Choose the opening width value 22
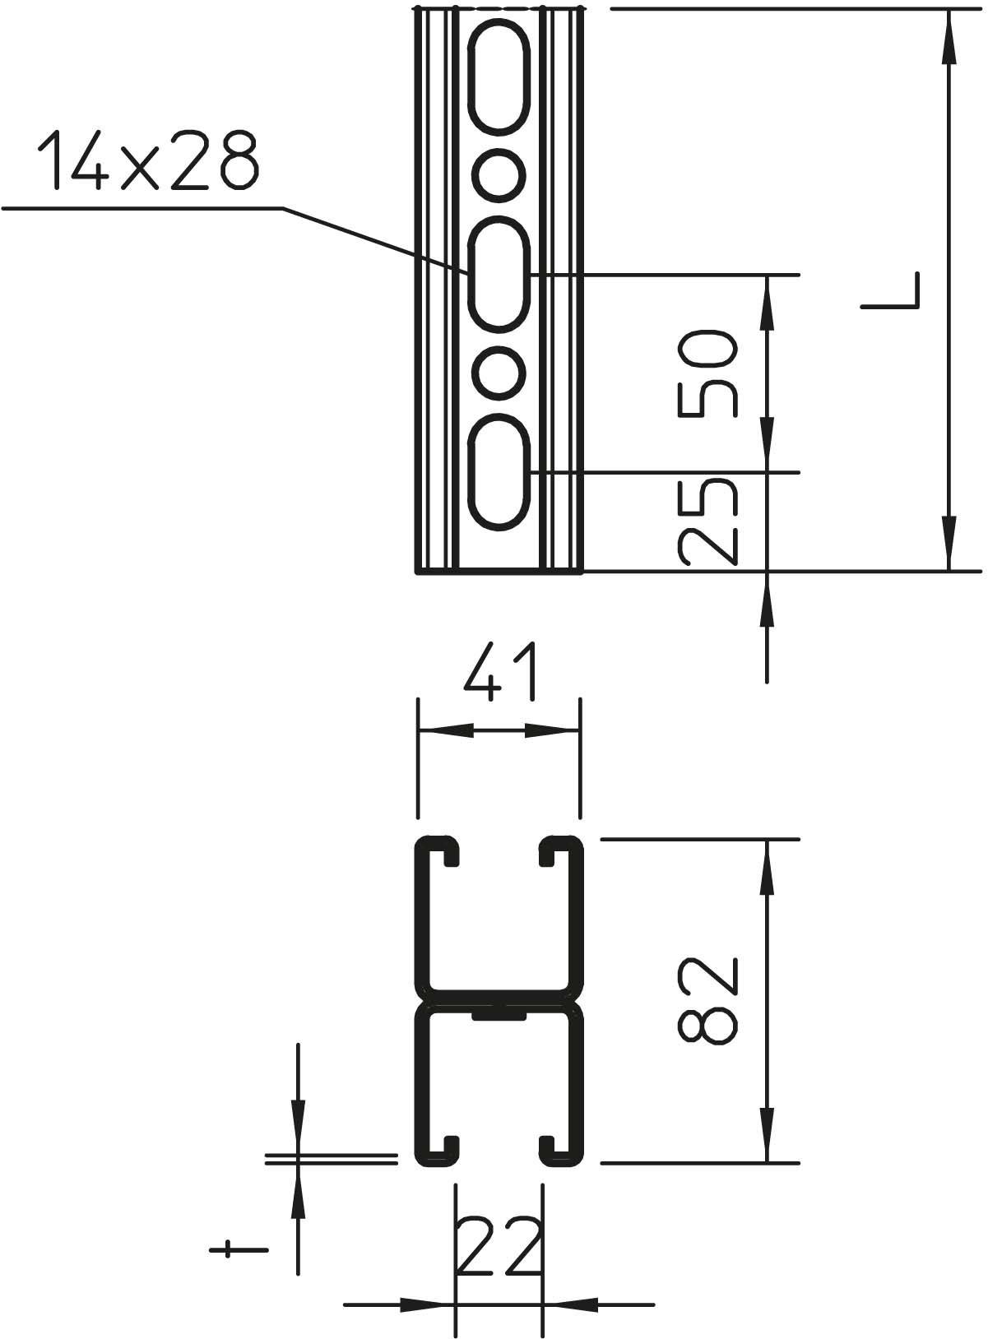tap(498, 1249)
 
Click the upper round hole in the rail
tap(499, 174)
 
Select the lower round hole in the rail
tap(499, 373)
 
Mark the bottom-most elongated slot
tap(499, 473)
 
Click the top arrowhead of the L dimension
tap(949, 33)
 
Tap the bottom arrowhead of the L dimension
tap(949, 543)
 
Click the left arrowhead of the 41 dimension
tap(444, 730)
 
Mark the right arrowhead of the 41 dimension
tap(554, 730)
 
